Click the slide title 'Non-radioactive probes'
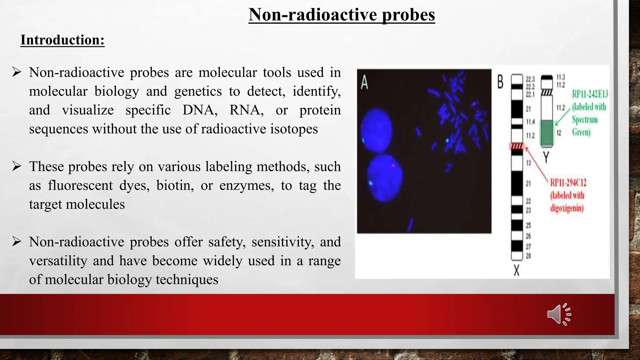342,15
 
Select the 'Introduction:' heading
62,40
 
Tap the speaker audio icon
559,314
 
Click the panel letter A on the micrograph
364,83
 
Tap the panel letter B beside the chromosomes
500,82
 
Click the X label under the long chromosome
517,270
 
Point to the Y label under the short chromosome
546,157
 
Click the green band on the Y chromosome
547,133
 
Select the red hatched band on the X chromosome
517,146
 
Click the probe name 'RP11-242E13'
590,94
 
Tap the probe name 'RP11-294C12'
568,182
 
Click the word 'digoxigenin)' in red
567,208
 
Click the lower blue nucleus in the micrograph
384,178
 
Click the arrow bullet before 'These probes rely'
17,166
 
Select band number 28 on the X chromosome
528,256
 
